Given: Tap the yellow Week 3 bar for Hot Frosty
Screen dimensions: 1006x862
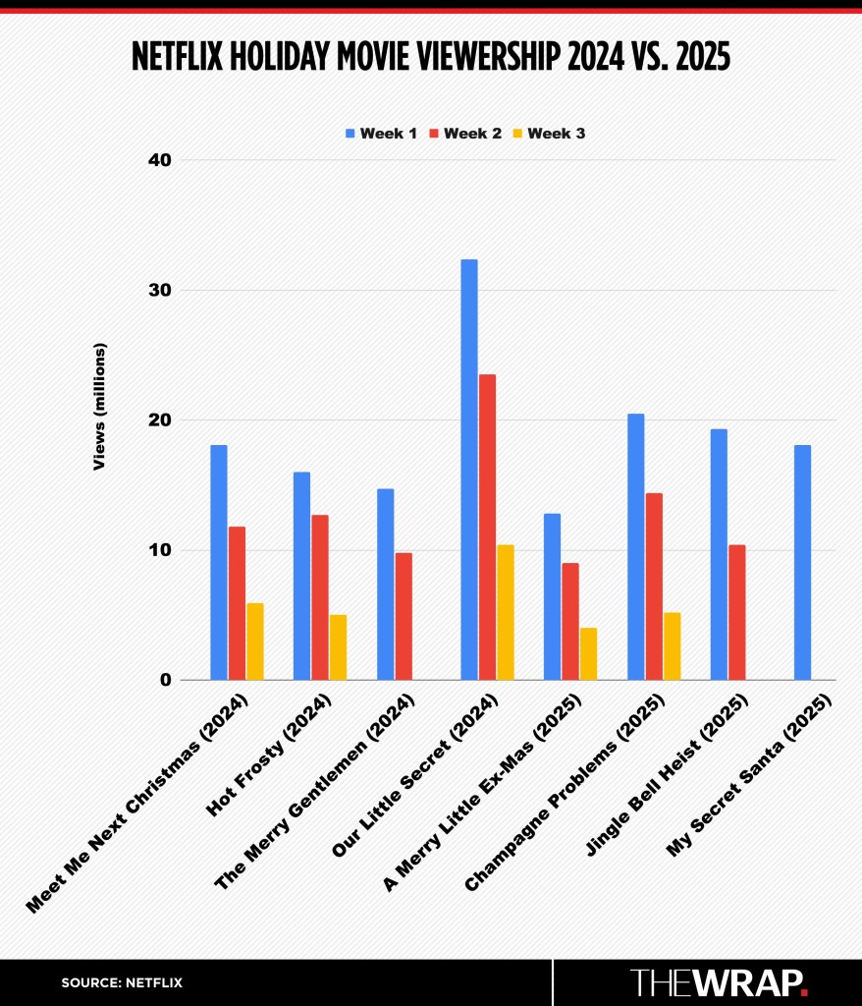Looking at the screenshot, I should pyautogui.click(x=338, y=647).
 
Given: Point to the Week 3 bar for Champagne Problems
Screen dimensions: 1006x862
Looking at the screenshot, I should pyautogui.click(x=673, y=646).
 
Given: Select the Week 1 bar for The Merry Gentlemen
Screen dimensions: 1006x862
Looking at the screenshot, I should pyautogui.click(x=385, y=584).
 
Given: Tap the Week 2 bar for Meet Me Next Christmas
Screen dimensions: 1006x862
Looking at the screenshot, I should pyautogui.click(x=237, y=603).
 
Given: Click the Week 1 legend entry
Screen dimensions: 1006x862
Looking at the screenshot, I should pyautogui.click(x=379, y=133).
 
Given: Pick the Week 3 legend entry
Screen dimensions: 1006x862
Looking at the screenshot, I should pyautogui.click(x=548, y=133).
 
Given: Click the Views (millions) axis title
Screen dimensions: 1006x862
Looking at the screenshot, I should pyautogui.click(x=99, y=406).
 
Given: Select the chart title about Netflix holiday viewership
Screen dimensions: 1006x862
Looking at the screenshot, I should pyautogui.click(x=431, y=59).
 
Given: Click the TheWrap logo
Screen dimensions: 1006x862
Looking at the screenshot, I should pyautogui.click(x=719, y=982).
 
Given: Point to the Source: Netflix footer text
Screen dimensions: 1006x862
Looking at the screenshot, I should pyautogui.click(x=122, y=982).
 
